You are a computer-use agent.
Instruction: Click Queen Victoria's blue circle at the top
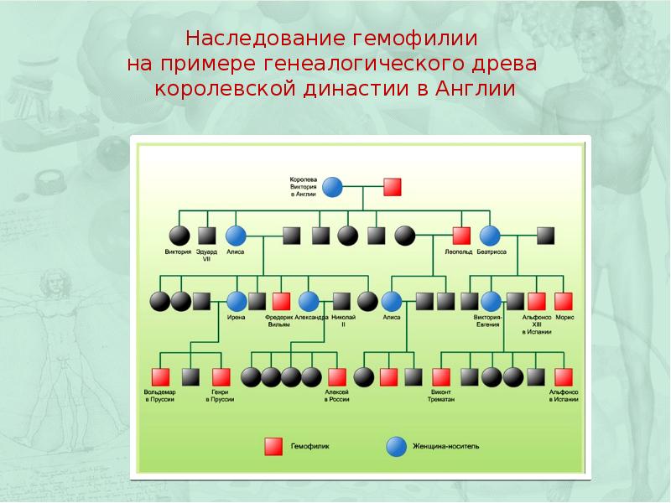tap(333, 187)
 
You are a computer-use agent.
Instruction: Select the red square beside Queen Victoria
tap(392, 187)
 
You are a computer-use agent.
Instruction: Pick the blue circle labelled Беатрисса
tap(490, 236)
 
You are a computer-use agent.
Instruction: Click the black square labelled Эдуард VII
tap(207, 236)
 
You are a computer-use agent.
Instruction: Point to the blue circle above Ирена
tap(237, 301)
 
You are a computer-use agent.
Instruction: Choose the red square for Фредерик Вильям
tap(282, 301)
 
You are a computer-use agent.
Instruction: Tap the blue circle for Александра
tap(309, 301)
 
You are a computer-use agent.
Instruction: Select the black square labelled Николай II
tap(341, 301)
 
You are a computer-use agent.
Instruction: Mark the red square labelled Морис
tap(564, 301)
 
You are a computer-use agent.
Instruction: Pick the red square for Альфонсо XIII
tap(537, 301)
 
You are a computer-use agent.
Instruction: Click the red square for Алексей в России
tap(337, 377)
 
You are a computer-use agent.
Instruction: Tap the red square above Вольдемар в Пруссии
tap(159, 377)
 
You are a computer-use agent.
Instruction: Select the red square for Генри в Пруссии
tap(221, 377)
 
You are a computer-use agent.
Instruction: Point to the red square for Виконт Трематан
tap(441, 377)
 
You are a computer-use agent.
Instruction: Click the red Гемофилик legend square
tap(273, 446)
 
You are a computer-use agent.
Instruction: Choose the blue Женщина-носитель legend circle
tap(394, 446)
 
